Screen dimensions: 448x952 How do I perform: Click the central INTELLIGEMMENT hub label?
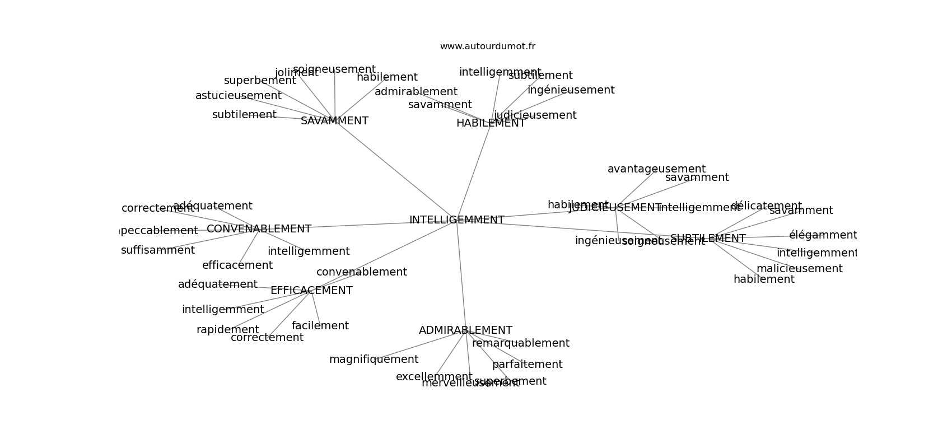click(456, 220)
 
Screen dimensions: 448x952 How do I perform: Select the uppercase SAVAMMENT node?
click(334, 121)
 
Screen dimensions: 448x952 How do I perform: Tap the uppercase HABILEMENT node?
click(491, 123)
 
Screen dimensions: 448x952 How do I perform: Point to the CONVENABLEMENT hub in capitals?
click(259, 229)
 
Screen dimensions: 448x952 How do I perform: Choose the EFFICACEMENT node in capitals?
click(311, 291)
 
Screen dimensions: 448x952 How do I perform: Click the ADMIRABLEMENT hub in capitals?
click(465, 330)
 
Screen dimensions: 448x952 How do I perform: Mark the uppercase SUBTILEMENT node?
click(708, 239)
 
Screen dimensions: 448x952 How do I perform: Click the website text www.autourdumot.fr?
click(487, 46)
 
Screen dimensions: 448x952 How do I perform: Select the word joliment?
click(296, 73)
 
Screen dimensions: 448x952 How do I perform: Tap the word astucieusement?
click(238, 96)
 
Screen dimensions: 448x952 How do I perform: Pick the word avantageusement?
click(656, 169)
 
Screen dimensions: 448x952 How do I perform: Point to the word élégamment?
click(823, 235)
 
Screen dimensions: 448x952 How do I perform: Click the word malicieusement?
click(799, 269)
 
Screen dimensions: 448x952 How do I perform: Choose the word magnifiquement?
click(374, 360)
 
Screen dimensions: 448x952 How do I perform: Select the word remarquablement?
click(520, 343)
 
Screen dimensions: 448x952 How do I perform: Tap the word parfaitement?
click(527, 365)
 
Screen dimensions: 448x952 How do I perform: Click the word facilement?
click(320, 326)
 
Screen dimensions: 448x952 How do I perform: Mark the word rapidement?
click(227, 330)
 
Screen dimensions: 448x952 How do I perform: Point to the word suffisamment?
click(157, 250)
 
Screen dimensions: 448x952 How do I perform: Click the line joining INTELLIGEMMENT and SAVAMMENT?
click(395, 170)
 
